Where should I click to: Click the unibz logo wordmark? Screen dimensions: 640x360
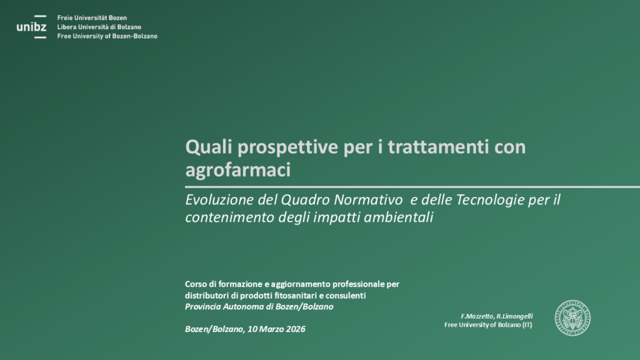tap(31, 27)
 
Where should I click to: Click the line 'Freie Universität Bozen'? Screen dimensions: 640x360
tap(92, 18)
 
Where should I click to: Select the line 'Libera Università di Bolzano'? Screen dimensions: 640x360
tap(99, 27)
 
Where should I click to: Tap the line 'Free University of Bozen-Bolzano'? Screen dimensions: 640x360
tap(107, 36)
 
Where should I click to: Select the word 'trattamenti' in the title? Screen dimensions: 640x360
tap(438, 147)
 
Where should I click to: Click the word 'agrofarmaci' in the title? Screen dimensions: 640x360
tap(238, 170)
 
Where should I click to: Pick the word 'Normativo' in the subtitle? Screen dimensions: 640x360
tap(368, 199)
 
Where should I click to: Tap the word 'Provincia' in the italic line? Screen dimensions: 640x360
tap(202, 306)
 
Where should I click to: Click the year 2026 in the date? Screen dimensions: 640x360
tap(296, 329)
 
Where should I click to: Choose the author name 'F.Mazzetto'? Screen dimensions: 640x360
tap(477, 316)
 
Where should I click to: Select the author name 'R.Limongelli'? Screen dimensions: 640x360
tap(515, 316)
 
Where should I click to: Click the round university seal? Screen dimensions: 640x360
tap(572, 318)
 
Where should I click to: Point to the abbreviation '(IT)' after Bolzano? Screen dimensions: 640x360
tap(527, 325)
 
